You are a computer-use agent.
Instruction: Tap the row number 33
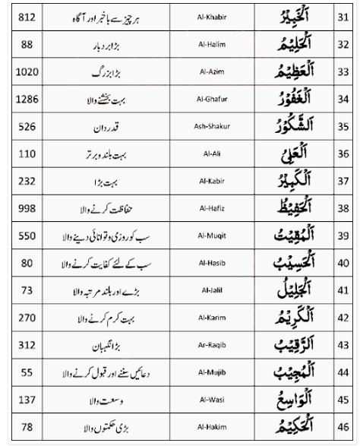343,71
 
